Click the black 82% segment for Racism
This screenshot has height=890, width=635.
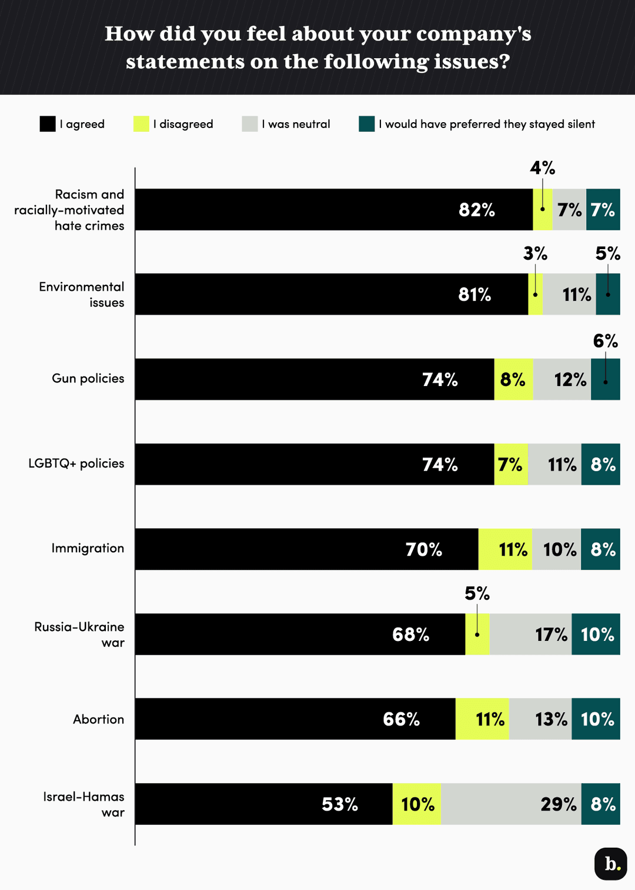[334, 210]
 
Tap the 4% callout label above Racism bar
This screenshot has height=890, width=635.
[542, 169]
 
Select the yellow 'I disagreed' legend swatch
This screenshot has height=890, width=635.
[141, 124]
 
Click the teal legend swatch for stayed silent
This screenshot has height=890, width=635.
[366, 124]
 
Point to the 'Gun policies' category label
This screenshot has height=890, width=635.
[88, 378]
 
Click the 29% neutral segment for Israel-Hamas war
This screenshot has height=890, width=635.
[511, 804]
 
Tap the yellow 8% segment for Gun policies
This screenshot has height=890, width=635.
[513, 379]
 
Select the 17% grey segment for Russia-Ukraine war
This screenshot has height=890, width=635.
[530, 634]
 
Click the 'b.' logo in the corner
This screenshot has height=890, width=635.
[610, 864]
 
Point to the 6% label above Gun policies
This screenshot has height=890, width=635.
[605, 341]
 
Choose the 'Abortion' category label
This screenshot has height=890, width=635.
[98, 719]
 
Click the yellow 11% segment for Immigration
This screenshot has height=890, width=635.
[506, 549]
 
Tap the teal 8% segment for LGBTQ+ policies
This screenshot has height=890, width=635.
[601, 465]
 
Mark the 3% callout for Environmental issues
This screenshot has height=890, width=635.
[535, 254]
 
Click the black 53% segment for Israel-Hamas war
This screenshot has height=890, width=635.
[263, 804]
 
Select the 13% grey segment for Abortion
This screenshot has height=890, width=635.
[540, 719]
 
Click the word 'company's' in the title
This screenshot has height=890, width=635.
[473, 34]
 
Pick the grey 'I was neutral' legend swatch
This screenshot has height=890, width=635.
[250, 124]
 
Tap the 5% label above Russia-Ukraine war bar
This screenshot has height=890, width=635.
[477, 594]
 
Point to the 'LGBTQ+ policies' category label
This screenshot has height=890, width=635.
[76, 464]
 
